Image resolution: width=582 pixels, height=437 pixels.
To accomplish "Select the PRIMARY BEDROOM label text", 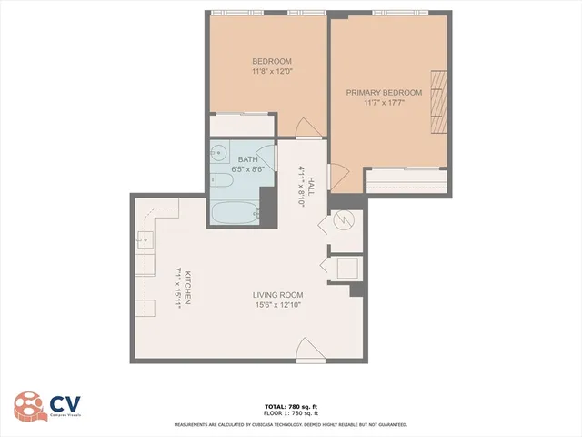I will pos(385,92).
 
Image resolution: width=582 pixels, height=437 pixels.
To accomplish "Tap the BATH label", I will pos(248,159).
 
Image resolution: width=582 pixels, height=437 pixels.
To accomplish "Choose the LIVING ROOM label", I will pos(278,295).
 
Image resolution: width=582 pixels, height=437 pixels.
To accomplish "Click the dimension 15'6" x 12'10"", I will pos(278,306).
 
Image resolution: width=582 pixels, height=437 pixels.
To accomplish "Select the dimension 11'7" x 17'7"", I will pos(385,102).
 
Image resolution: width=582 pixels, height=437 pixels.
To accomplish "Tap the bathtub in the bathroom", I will pos(235,214).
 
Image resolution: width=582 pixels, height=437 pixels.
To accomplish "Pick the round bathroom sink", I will pos(219,153).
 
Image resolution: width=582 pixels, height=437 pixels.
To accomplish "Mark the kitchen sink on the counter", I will pos(145,240).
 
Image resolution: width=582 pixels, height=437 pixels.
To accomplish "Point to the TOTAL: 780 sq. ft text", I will pos(290,407).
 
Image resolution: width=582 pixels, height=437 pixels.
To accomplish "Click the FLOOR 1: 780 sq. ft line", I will pos(290,415).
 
